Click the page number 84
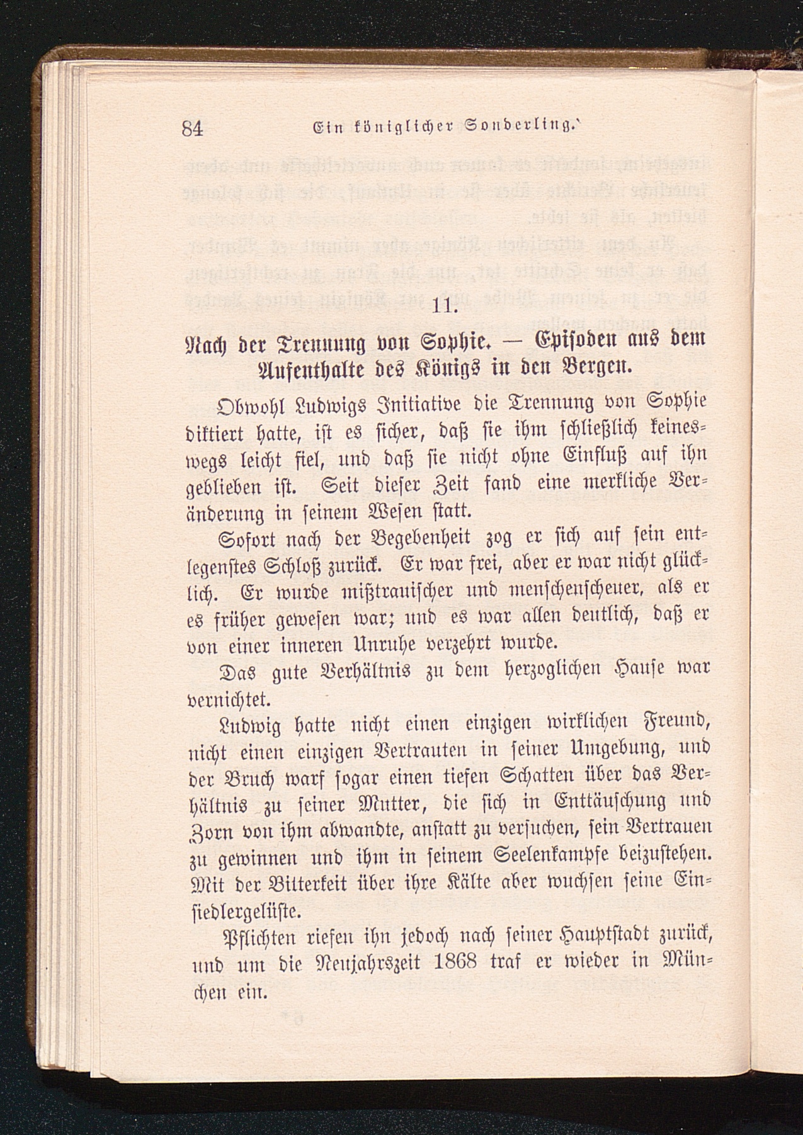(191, 128)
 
